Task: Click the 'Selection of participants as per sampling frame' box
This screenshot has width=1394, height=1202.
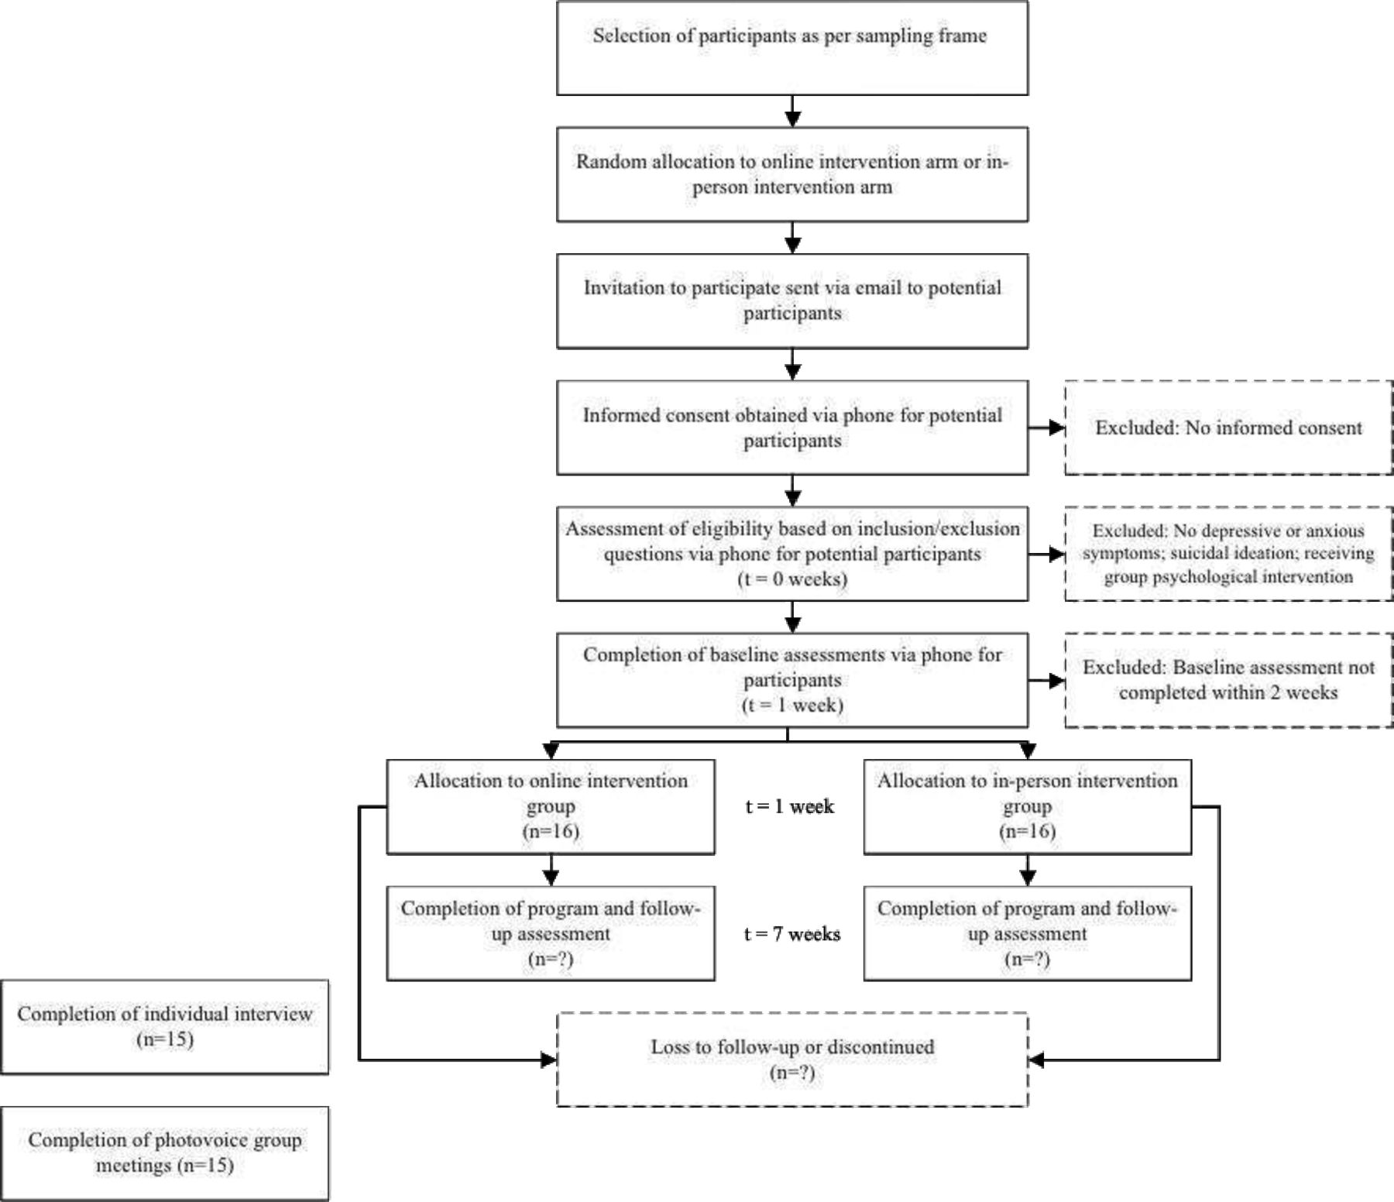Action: point(792,48)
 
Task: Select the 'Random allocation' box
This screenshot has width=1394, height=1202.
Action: point(792,174)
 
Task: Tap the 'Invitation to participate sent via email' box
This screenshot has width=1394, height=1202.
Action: point(792,300)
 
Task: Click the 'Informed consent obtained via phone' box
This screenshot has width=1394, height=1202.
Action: point(792,428)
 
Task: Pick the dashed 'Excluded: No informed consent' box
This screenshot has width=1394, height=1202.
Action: point(1229,428)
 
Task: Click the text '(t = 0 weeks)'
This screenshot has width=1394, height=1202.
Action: point(792,579)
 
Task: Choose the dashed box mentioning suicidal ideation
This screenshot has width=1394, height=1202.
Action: point(1229,554)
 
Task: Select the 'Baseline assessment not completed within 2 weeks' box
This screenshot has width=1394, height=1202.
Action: point(1229,680)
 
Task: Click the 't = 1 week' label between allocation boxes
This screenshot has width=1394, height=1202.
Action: point(790,806)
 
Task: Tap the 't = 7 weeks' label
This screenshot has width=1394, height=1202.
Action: point(792,934)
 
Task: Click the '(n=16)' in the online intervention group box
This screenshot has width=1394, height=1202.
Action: point(551,832)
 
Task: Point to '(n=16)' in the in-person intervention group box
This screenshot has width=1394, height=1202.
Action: point(1028,832)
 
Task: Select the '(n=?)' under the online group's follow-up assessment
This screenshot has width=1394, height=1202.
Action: point(551,960)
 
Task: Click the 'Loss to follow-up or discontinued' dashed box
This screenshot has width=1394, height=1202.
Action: point(792,1059)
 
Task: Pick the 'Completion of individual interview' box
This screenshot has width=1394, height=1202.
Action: point(165,1027)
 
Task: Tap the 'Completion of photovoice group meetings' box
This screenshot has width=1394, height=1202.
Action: point(165,1153)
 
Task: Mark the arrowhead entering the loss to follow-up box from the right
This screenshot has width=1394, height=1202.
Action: point(1036,1059)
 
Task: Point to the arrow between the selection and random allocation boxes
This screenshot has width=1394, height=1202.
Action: point(792,112)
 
